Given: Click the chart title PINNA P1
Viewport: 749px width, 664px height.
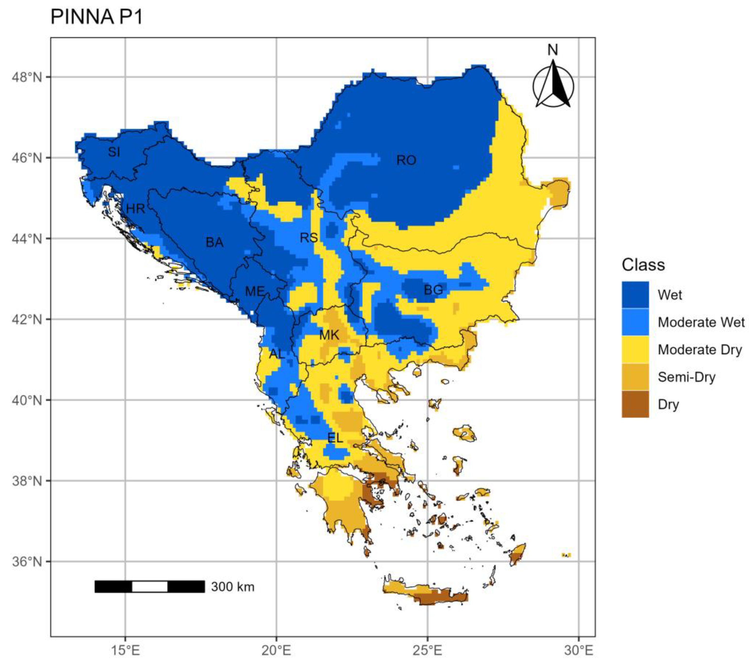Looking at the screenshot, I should click(96, 17).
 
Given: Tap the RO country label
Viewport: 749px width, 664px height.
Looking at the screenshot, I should click(406, 160).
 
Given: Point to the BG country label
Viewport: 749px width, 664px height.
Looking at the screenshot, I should click(433, 290).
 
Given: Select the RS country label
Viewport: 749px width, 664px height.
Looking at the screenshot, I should click(309, 238).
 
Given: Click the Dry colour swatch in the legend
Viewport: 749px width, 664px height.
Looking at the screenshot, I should click(635, 404).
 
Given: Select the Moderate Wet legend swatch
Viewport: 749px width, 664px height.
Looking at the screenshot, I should click(635, 322).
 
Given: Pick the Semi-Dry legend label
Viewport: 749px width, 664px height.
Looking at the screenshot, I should click(686, 377).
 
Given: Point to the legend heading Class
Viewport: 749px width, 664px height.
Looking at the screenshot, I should click(643, 265).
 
